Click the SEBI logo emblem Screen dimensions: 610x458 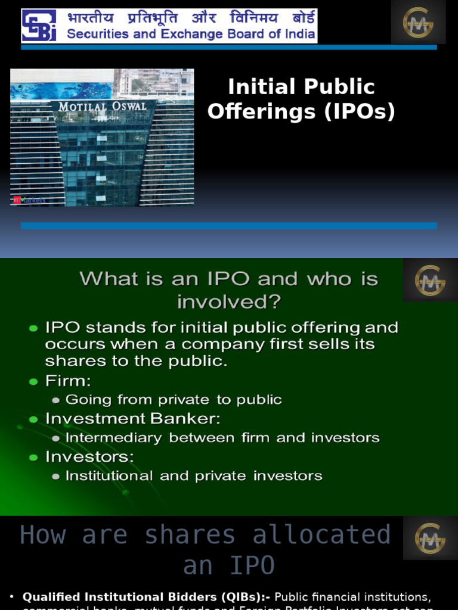tap(39, 26)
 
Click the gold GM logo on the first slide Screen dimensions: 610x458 tap(418, 23)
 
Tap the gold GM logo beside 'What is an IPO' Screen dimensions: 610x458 tap(430, 280)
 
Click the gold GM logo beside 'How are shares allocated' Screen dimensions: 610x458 tap(430, 538)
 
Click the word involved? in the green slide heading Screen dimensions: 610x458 tap(229, 301)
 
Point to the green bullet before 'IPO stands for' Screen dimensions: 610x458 tap(33, 328)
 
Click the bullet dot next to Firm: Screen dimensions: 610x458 tap(33, 381)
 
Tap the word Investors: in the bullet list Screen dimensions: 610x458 tap(89, 457)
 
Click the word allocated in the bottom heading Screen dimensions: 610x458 tap(321, 535)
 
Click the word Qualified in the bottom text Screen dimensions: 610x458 tap(49, 597)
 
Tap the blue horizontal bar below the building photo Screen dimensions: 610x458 tap(229, 226)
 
